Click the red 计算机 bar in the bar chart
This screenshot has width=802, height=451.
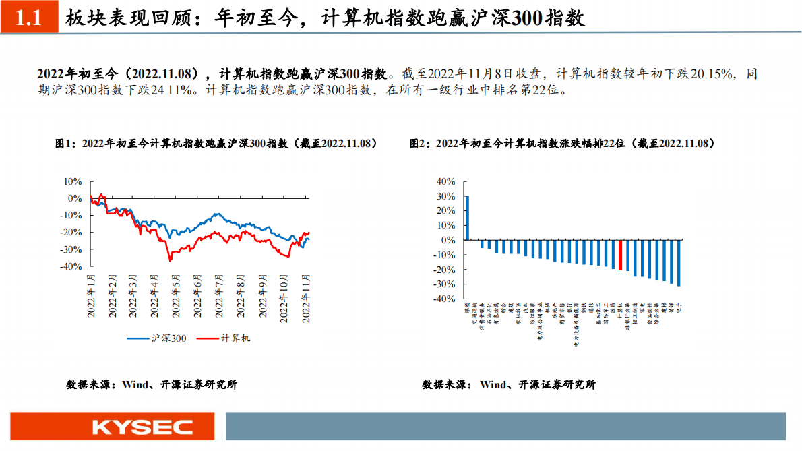[x=621, y=255]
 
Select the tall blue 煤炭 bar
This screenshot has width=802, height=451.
[x=467, y=218]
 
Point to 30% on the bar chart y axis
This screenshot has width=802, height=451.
[x=446, y=196]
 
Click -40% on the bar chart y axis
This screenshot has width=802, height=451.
[x=445, y=299]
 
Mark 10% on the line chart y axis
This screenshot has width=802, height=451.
[x=73, y=181]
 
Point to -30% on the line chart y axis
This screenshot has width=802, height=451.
[x=71, y=249]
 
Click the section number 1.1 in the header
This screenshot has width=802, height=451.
[x=28, y=19]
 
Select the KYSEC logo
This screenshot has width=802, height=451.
[x=142, y=427]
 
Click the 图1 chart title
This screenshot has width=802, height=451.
[x=216, y=144]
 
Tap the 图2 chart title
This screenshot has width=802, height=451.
[x=561, y=144]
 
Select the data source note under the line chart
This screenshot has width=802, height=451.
[x=151, y=385]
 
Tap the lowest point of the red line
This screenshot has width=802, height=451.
[x=170, y=260]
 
